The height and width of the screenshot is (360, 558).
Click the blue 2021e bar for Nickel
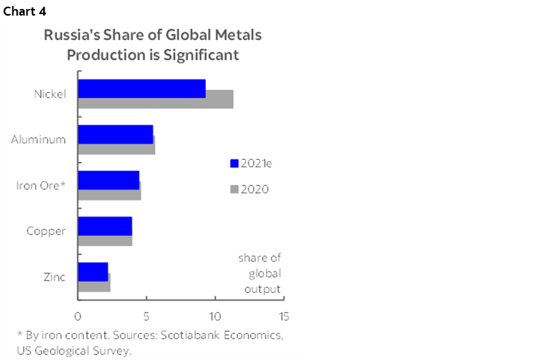(141, 89)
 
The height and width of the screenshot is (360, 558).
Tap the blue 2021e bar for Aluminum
(115, 134)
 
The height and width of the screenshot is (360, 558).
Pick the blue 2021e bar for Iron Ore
(109, 180)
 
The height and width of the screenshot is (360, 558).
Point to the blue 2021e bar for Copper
(105, 226)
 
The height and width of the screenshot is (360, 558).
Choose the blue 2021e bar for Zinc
(93, 271)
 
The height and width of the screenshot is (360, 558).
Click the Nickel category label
(50, 94)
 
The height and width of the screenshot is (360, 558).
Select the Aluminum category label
(39, 139)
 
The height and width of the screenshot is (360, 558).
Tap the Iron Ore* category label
(41, 185)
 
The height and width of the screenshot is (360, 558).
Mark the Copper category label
(46, 231)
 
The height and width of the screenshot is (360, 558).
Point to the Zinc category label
(54, 277)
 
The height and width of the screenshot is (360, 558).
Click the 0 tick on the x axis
(78, 315)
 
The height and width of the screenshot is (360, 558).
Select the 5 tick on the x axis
(147, 315)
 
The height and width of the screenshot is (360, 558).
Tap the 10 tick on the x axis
(215, 315)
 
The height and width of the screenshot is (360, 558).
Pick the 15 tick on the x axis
(283, 315)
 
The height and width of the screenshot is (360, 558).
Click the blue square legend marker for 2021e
(234, 164)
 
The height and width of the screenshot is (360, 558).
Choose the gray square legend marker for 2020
(234, 189)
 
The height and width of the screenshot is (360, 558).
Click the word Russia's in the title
(68, 36)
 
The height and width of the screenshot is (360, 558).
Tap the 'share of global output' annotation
(260, 273)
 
